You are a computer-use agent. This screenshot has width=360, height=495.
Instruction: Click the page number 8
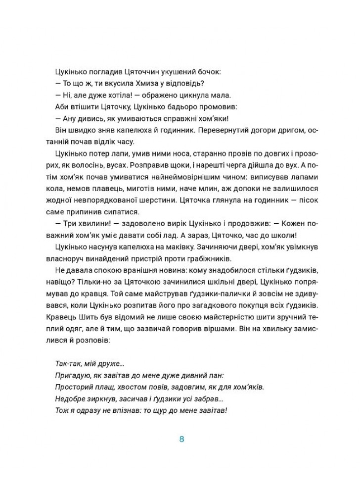tap(181, 439)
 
